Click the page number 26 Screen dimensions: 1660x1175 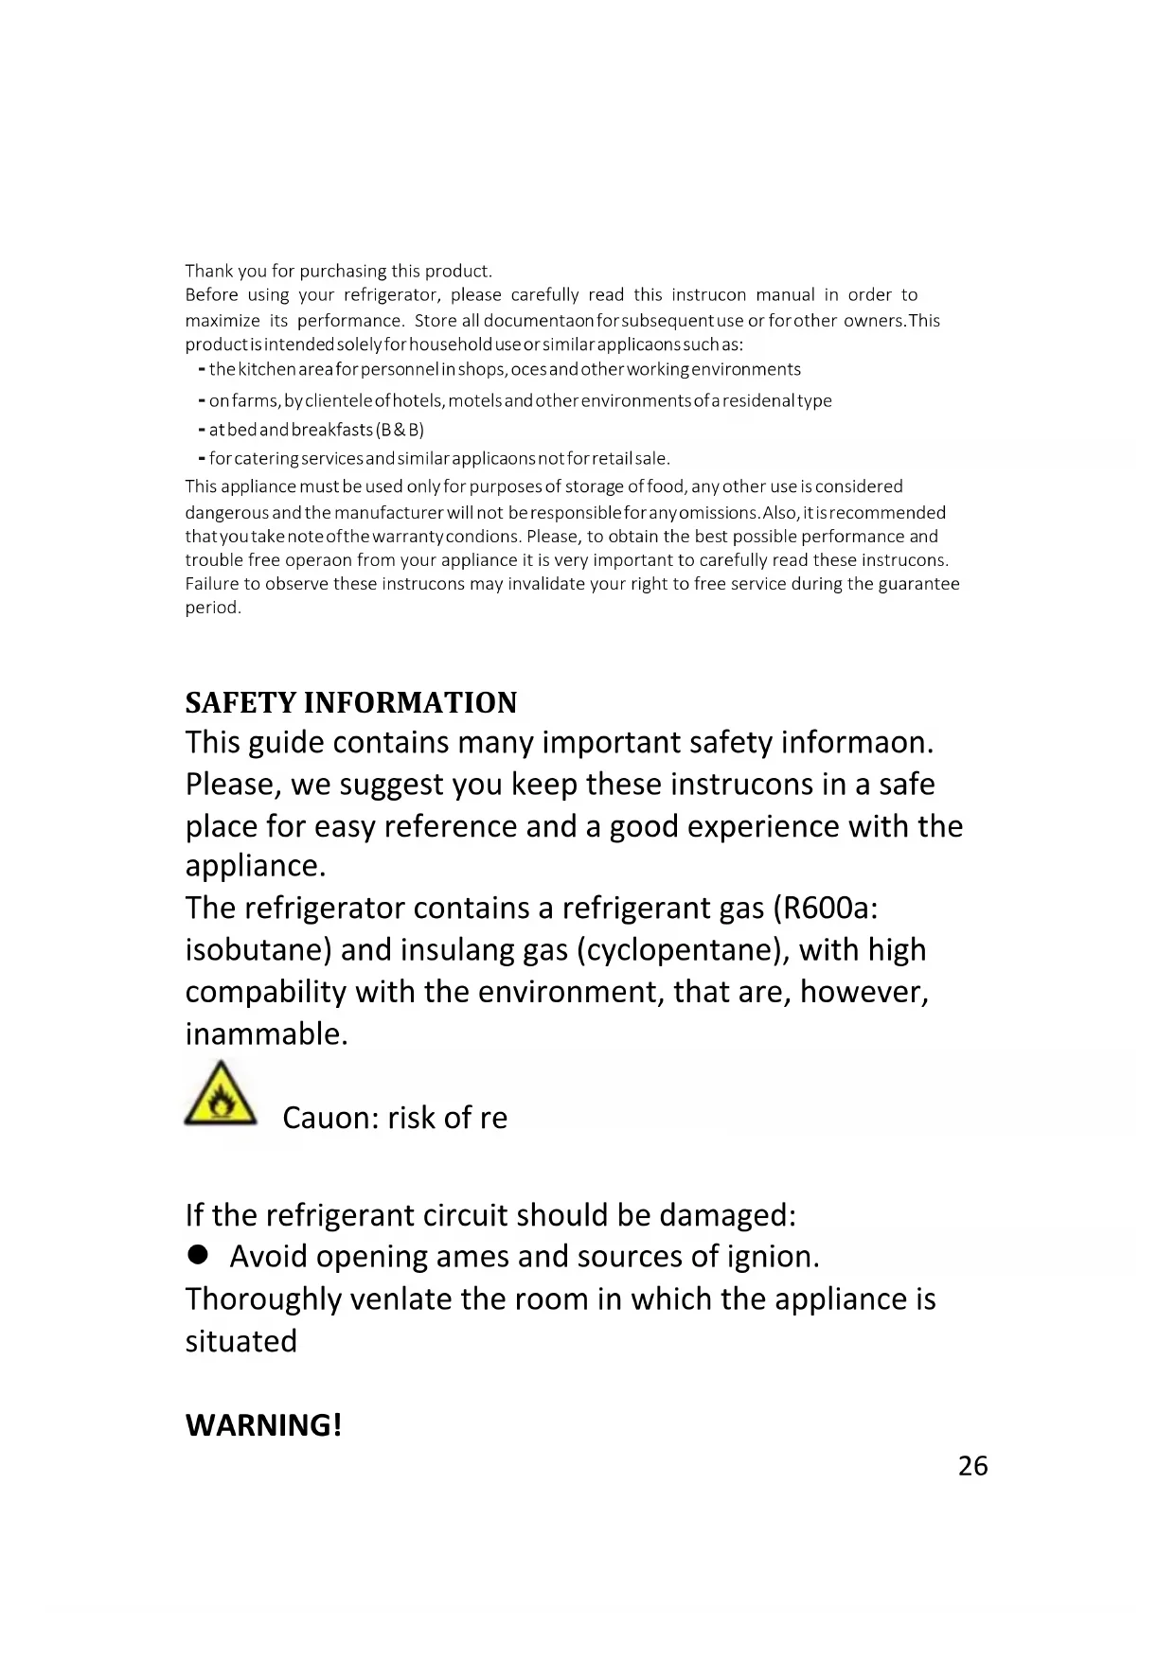pos(972,1466)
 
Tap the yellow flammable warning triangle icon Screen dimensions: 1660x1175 pos(221,1095)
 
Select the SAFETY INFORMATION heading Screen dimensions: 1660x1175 pos(351,702)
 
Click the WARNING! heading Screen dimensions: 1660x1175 pos(263,1424)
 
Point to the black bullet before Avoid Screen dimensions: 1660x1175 pos(198,1255)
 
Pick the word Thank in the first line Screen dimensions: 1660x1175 pos(208,271)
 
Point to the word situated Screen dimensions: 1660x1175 pos(241,1341)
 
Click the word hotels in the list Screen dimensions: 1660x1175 pos(417,400)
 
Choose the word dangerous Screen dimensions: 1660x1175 pos(227,513)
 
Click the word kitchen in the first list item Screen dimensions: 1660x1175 pos(267,369)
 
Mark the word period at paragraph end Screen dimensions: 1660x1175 pos(212,608)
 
